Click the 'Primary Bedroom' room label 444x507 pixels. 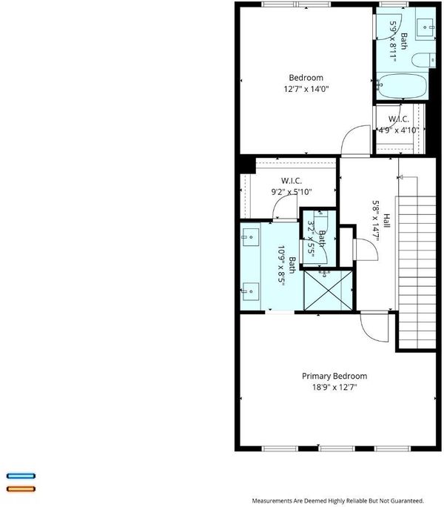pos(334,376)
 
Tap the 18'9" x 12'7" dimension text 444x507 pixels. pos(334,387)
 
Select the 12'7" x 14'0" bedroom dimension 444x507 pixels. pos(306,89)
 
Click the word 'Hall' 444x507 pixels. pos(386,221)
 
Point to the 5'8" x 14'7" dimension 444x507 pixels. pos(375,222)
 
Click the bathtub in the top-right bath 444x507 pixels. pos(402,87)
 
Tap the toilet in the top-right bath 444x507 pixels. pos(423,60)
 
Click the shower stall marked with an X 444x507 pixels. pos(329,291)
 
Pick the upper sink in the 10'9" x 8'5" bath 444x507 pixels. pos(251,238)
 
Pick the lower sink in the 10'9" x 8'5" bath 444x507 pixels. pos(251,291)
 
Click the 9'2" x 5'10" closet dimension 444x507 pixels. pos(292,192)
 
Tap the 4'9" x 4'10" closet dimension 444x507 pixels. pos(399,130)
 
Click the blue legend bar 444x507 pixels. pos(21,476)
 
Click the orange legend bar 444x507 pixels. pos(21,489)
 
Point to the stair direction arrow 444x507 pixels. pos(408,177)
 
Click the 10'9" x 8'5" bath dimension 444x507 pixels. pos(281,264)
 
